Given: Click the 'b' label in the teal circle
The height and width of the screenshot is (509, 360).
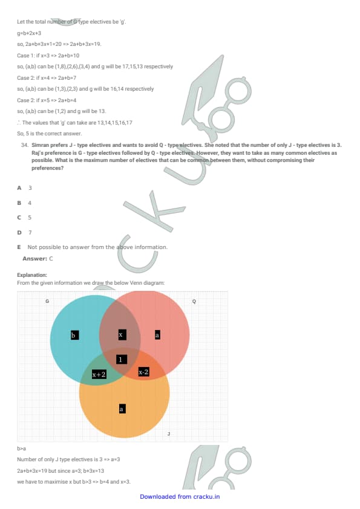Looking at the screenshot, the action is [x=75, y=335].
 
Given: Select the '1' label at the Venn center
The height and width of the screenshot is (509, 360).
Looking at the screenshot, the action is [x=122, y=359].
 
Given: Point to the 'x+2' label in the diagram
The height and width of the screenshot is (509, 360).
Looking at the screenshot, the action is [x=99, y=374].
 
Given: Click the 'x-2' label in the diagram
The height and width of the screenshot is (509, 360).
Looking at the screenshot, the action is [x=143, y=372].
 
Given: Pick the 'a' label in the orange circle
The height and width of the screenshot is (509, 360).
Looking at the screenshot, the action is [x=122, y=409].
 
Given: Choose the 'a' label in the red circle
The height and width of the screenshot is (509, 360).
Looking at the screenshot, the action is [x=157, y=335].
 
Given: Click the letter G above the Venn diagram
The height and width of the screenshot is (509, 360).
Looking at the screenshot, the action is [x=47, y=301].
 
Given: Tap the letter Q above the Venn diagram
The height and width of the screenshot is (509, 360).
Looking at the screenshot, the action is [x=194, y=301].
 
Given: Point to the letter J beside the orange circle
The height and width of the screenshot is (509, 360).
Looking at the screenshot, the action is [x=169, y=433].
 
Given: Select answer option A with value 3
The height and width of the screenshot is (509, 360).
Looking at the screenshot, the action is [x=25, y=188].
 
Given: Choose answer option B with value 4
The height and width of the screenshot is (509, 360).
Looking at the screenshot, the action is [x=24, y=203].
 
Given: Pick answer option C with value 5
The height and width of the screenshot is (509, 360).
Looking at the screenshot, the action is [x=24, y=218].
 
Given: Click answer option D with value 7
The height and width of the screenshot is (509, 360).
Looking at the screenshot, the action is [x=24, y=232].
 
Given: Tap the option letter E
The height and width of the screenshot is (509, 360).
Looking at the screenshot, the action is [x=19, y=247].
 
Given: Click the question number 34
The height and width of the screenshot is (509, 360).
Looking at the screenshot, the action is [x=25, y=145].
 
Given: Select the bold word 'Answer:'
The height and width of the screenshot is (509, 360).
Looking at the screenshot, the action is [x=34, y=259].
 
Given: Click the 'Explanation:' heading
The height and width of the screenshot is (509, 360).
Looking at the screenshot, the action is [x=32, y=275].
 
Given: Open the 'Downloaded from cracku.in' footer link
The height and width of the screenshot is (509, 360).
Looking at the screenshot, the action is [x=180, y=497].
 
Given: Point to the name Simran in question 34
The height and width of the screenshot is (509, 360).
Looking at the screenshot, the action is [x=40, y=145].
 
